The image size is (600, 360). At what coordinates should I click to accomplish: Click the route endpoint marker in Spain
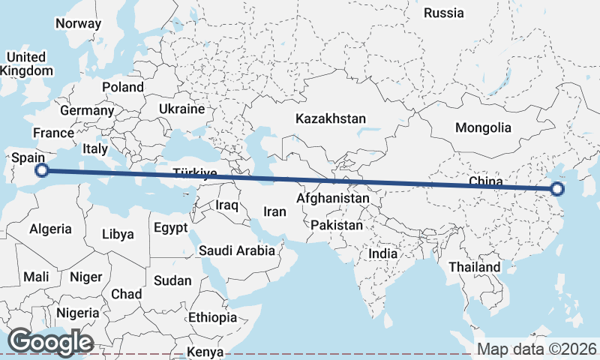pos(43,170)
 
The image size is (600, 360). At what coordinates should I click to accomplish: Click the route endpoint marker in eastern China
pos(556,190)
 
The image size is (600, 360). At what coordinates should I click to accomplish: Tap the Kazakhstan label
pos(331,118)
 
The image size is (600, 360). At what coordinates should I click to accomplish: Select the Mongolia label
pos(484,127)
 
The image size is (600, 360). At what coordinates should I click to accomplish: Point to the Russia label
pos(444,13)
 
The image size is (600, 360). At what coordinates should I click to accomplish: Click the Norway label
pos(78,23)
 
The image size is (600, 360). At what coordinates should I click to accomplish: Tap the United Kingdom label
pos(26,64)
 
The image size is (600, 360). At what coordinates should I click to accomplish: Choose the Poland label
pos(123,87)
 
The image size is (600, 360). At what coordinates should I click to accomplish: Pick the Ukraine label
pos(181,109)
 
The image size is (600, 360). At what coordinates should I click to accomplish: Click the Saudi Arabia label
pos(237,250)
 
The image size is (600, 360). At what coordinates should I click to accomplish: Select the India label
pos(382,254)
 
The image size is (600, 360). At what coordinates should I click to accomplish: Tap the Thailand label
pos(474,267)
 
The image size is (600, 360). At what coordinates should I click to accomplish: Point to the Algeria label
pos(51,229)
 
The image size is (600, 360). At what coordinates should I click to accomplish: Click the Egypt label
pos(170,227)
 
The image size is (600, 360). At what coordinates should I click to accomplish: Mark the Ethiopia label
pos(212,317)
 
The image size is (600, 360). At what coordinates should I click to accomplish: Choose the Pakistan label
pos(337,225)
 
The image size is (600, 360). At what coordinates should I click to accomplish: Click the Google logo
pos(50,342)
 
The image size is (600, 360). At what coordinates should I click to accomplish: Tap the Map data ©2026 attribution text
pos(537,349)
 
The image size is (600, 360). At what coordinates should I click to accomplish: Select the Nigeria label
pos(77,313)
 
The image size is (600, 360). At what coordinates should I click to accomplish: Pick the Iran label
pos(274,211)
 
